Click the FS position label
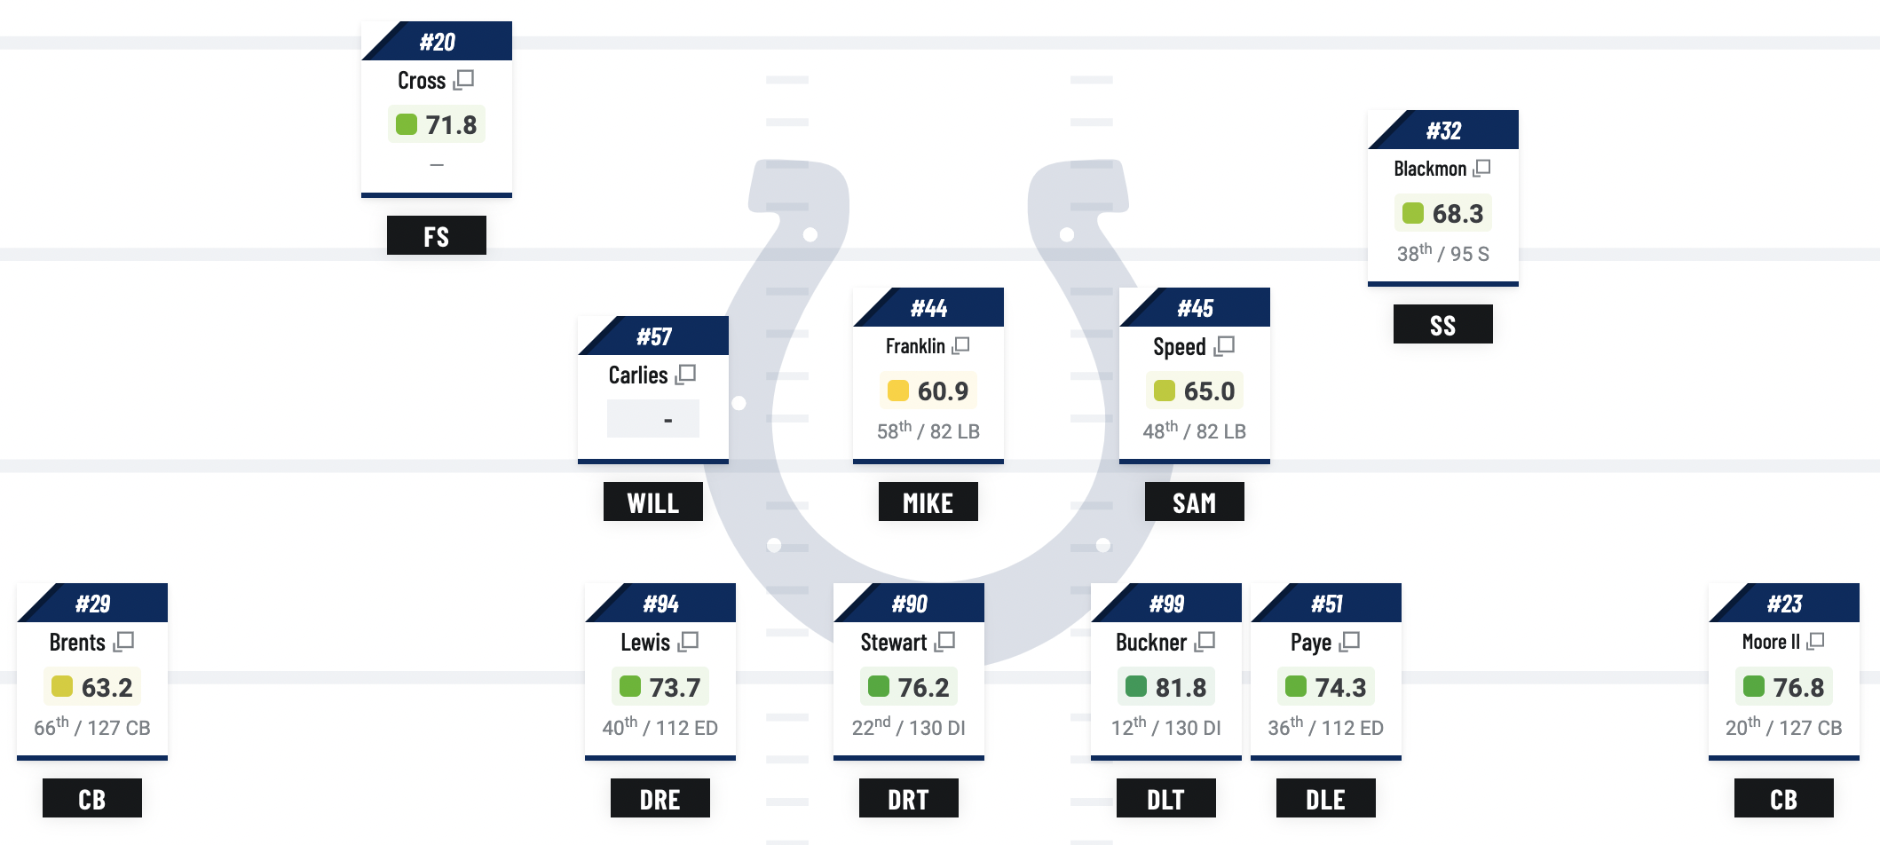point(436,236)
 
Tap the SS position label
point(1442,325)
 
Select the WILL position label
point(652,502)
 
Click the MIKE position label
point(928,502)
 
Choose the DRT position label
point(908,799)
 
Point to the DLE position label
point(1325,799)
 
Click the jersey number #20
point(437,42)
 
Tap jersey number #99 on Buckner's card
point(1166,604)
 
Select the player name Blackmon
point(1429,169)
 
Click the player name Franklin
point(914,346)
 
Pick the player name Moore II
point(1770,642)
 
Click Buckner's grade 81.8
point(1180,687)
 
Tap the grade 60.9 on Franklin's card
point(942,391)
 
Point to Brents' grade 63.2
point(107,687)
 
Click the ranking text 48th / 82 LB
point(1194,431)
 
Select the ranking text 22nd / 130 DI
point(908,728)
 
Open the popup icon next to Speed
point(1225,345)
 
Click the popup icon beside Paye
point(1350,641)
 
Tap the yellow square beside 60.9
point(897,391)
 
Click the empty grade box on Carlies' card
point(653,419)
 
